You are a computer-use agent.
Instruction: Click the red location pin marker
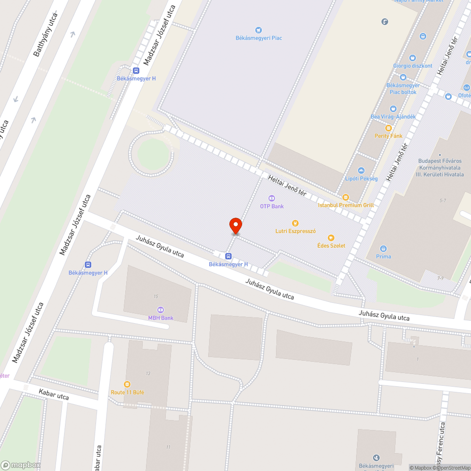click(x=235, y=226)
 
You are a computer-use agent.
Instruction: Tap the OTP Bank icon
click(x=271, y=198)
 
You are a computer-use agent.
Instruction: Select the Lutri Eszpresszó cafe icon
click(x=295, y=223)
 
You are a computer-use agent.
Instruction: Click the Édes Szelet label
click(x=331, y=245)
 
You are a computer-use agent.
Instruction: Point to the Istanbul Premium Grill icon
click(x=346, y=197)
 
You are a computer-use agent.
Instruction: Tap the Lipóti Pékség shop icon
click(x=361, y=171)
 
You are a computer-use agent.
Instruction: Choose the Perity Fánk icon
click(x=389, y=128)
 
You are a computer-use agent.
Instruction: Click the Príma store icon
click(x=383, y=248)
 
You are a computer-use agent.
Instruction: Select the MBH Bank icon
click(x=161, y=310)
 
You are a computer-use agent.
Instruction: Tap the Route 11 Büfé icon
click(x=127, y=384)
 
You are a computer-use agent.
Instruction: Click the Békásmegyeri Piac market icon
click(x=258, y=30)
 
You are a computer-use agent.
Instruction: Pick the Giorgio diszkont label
click(x=413, y=66)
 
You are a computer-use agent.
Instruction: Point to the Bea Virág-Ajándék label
click(x=393, y=117)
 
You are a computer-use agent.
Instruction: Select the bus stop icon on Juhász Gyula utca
click(x=228, y=256)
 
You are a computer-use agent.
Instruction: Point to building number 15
click(x=155, y=296)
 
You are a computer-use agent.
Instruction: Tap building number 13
click(x=148, y=374)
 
